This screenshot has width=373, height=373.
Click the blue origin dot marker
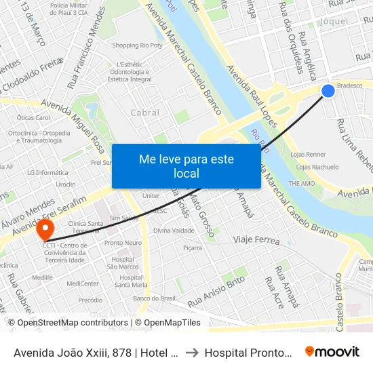click(x=328, y=90)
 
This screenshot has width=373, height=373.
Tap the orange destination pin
click(x=45, y=227)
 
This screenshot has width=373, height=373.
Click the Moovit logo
click(x=332, y=351)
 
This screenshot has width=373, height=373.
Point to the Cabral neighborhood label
click(x=145, y=113)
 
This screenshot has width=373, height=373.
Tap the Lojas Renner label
click(x=308, y=155)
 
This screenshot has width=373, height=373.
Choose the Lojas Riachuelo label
click(x=317, y=167)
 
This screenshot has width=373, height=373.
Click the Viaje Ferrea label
click(x=257, y=240)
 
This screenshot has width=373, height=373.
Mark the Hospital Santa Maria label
click(x=131, y=281)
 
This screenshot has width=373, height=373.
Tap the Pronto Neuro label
click(x=123, y=243)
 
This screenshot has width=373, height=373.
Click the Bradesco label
click(x=350, y=86)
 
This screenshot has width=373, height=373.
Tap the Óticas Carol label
click(x=34, y=117)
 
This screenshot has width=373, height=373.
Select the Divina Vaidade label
click(x=174, y=231)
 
